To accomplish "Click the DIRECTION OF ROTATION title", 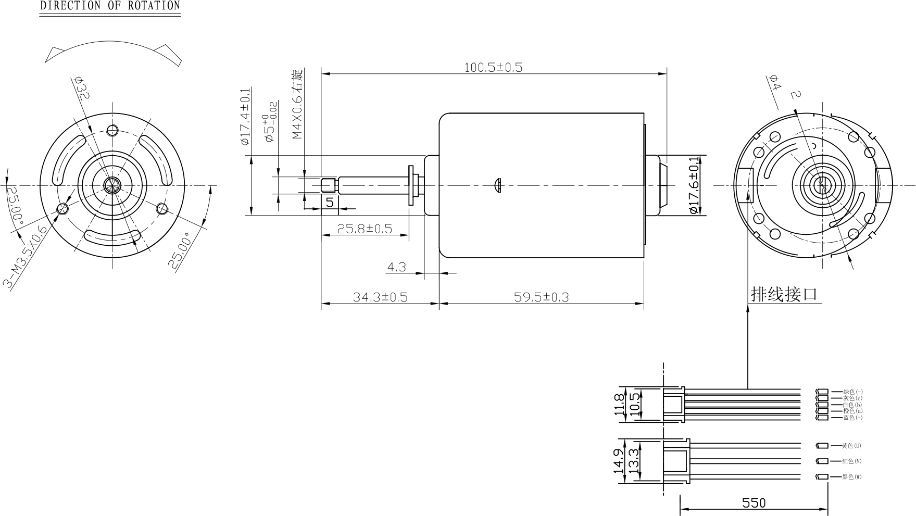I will [110, 6].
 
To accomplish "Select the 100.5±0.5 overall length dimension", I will [493, 67].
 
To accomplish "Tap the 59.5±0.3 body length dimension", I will [542, 297].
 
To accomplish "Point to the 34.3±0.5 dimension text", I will [380, 297].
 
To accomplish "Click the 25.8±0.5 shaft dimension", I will [365, 228].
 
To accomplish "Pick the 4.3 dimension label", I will [396, 267].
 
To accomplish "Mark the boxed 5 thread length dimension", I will [330, 202].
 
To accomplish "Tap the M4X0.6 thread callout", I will [297, 104].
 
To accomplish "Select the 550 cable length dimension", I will [754, 502].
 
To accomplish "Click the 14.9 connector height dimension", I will [619, 461].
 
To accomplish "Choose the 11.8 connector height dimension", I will [619, 404].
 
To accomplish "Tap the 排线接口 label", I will [784, 294].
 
